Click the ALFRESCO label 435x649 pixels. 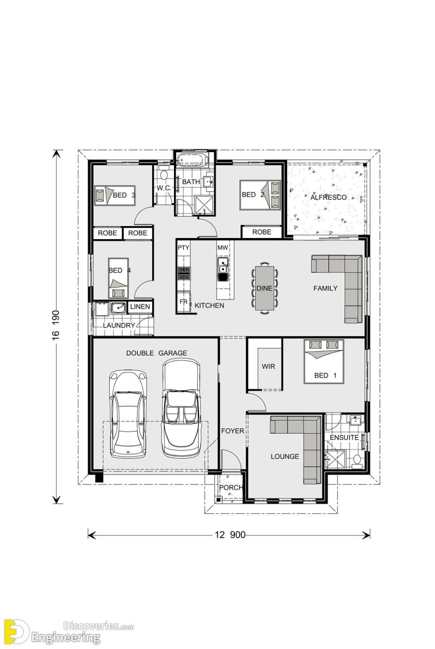point(328,197)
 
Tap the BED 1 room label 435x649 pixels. point(321,376)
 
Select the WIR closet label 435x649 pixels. point(268,367)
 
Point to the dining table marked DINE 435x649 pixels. point(264,288)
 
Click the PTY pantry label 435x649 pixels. point(183,248)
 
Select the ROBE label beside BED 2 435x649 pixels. point(262,232)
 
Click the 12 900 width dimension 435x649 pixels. point(229,535)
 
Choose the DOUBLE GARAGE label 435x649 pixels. point(157,353)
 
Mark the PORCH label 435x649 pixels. point(231,488)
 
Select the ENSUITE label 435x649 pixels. point(344,437)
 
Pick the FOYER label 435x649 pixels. point(232,431)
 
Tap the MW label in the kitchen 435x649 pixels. point(222,248)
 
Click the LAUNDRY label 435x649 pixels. point(119,325)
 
